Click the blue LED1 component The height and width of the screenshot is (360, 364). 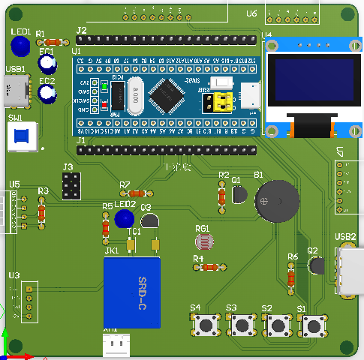20,47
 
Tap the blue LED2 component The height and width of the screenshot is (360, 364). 125,219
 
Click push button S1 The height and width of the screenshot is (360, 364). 313,325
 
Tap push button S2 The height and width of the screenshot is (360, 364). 278,325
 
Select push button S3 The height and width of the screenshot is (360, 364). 242,325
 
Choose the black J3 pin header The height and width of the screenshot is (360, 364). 72,186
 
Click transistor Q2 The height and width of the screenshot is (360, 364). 316,265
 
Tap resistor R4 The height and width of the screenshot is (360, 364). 209,267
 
